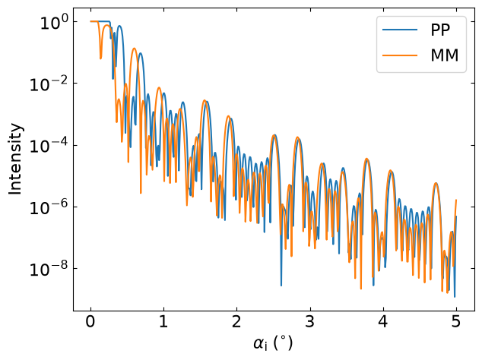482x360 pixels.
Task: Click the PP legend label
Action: pyautogui.click(x=440, y=30)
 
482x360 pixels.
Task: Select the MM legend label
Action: pyautogui.click(x=445, y=55)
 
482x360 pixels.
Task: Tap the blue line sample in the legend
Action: pyautogui.click(x=400, y=30)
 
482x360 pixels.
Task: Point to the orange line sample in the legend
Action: pyautogui.click(x=400, y=55)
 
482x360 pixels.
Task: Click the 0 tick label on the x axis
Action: pyautogui.click(x=90, y=321)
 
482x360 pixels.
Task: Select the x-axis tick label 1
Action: pyautogui.click(x=163, y=321)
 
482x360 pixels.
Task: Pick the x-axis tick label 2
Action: pyautogui.click(x=236, y=321)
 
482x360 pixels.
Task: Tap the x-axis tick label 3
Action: pyautogui.click(x=310, y=321)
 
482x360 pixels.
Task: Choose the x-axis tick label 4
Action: pyautogui.click(x=383, y=321)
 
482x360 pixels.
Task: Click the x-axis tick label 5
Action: pyautogui.click(x=456, y=321)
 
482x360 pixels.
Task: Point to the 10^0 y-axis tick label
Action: pyautogui.click(x=53, y=23)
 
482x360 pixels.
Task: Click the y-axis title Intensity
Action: pyautogui.click(x=15, y=159)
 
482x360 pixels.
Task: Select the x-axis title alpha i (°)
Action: pyautogui.click(x=273, y=343)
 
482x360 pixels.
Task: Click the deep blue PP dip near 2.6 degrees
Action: pyautogui.click(x=281, y=285)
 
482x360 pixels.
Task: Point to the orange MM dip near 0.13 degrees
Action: pyautogui.click(x=100, y=58)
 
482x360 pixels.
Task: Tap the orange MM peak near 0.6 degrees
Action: pyautogui.click(x=135, y=49)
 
